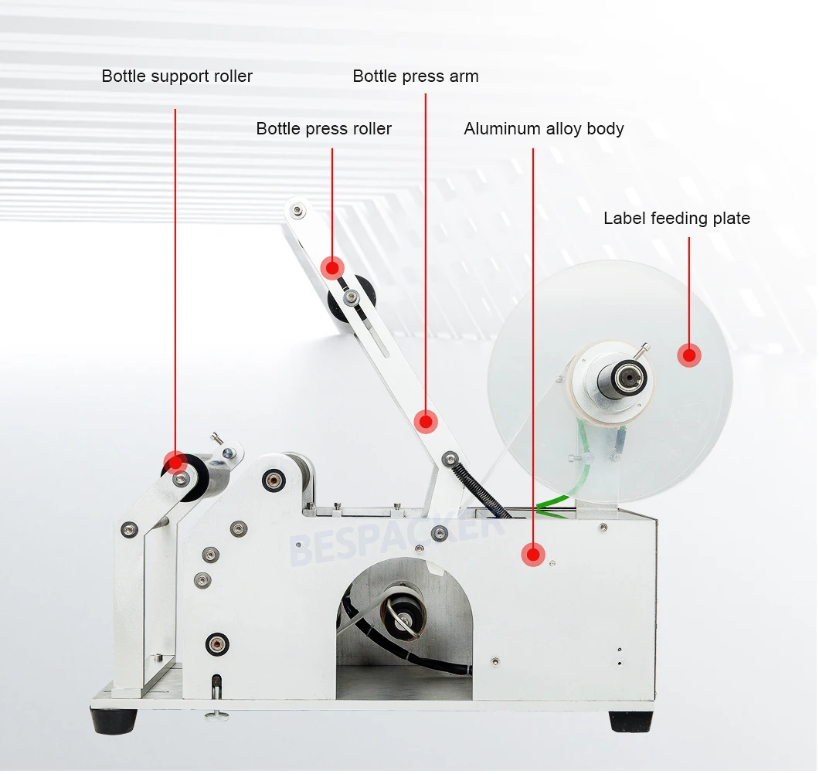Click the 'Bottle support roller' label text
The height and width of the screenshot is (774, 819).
tap(177, 76)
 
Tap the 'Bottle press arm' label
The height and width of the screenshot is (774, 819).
tap(416, 76)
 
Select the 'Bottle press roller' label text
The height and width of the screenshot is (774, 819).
tap(324, 129)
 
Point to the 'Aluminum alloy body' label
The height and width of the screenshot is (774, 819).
tap(544, 129)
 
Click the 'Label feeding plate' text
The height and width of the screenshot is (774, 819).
tap(677, 219)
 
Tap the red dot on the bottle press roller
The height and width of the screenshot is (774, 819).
tap(332, 268)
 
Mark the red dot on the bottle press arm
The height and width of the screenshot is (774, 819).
tap(425, 421)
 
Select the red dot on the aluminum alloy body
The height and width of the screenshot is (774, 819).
tap(532, 553)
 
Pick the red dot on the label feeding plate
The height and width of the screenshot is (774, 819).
tap(688, 355)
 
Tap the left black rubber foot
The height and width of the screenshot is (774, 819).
tap(114, 721)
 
